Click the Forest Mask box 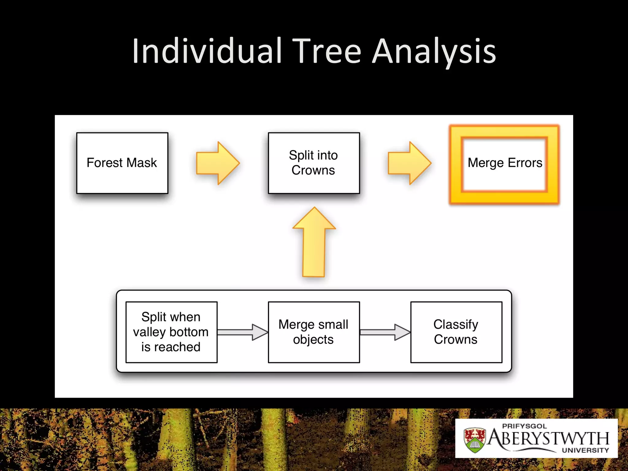(122, 163)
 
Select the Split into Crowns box (314, 163)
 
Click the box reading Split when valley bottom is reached (171, 332)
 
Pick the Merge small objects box (314, 332)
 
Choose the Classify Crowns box (456, 332)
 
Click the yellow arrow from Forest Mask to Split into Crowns (217, 163)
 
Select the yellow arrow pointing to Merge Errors (409, 163)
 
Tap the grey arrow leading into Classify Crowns (385, 332)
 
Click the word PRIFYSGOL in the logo (524, 426)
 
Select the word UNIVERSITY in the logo (585, 450)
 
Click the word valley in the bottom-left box (149, 332)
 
